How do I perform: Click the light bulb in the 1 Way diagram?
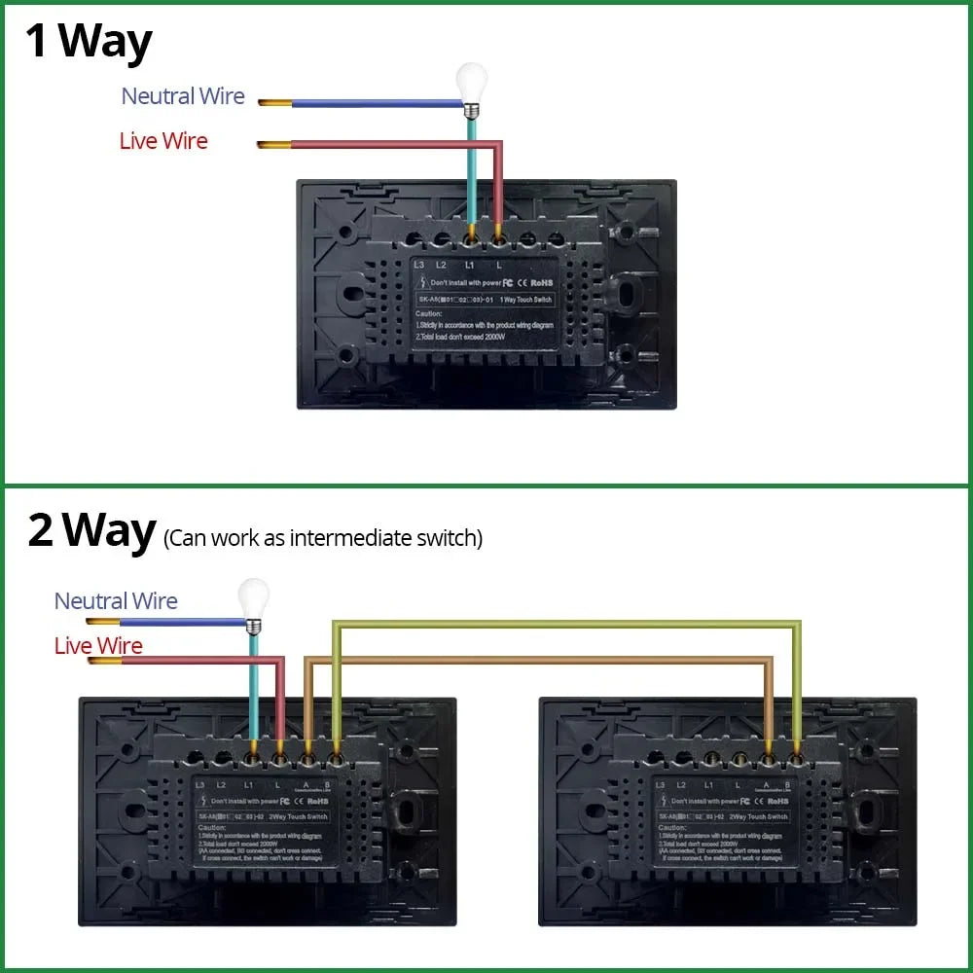click(x=472, y=82)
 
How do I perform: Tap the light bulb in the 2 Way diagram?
click(x=254, y=596)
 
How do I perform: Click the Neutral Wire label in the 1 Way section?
click(x=183, y=96)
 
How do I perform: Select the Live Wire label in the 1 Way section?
click(x=163, y=141)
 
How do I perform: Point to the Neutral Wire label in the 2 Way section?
click(x=116, y=601)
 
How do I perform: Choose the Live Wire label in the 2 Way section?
click(x=98, y=646)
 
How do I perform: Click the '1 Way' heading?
click(x=90, y=42)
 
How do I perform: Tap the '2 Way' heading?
click(x=91, y=531)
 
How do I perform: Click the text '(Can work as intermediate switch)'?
click(x=323, y=538)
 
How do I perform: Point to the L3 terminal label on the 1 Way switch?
click(x=419, y=265)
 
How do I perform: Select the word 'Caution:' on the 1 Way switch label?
click(x=429, y=314)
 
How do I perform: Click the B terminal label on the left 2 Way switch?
click(x=334, y=784)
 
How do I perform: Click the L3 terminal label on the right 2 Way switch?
click(x=661, y=784)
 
